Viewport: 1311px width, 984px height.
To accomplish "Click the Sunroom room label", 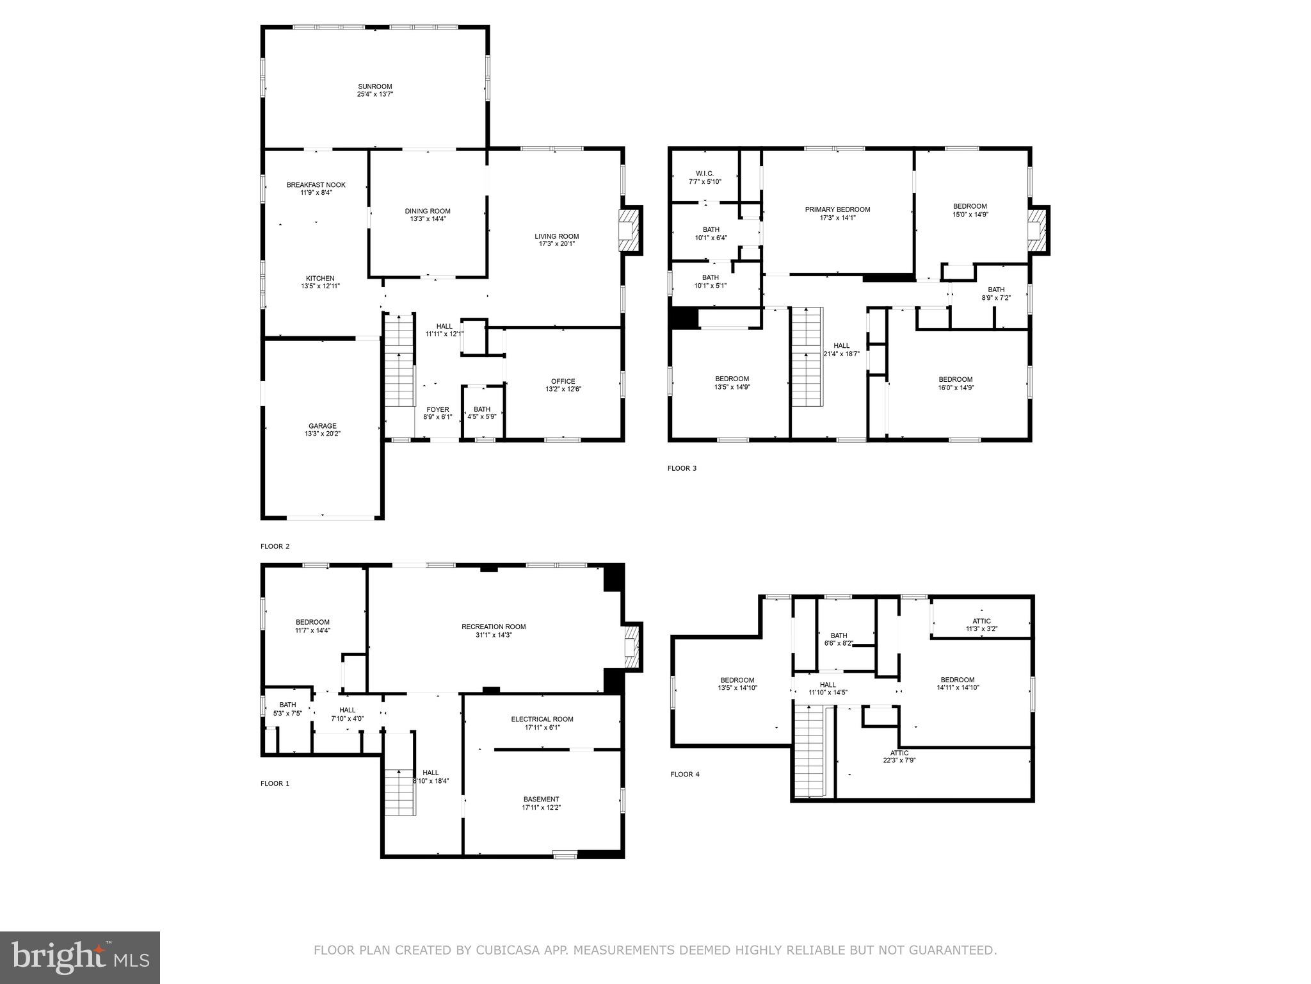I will click(x=374, y=86).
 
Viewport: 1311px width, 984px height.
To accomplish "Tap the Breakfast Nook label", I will click(x=316, y=185).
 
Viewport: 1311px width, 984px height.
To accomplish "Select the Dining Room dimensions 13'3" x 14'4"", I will click(x=428, y=219).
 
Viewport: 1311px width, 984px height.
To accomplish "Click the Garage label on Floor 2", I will click(x=322, y=426).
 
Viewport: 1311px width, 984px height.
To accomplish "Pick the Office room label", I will click(x=563, y=381).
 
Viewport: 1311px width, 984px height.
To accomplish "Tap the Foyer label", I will click(x=438, y=409).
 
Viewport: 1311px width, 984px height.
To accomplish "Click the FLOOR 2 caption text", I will click(x=275, y=546).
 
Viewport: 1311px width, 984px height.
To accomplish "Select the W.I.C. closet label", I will click(x=704, y=174).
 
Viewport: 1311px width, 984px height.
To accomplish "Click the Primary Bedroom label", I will click(x=837, y=209).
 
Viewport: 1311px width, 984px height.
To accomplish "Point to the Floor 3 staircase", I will click(x=807, y=356).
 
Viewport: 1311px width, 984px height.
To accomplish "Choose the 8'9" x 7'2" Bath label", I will click(x=996, y=298).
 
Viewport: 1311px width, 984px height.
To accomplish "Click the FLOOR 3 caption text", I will click(x=682, y=468).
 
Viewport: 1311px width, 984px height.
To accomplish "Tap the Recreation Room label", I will click(x=494, y=627).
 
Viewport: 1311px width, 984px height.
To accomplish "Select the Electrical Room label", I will click(x=542, y=719).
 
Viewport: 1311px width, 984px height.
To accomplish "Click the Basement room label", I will click(x=541, y=799).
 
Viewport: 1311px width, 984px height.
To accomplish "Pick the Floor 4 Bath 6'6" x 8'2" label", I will click(x=839, y=635).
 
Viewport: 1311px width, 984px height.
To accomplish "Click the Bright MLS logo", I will click(x=80, y=957).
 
